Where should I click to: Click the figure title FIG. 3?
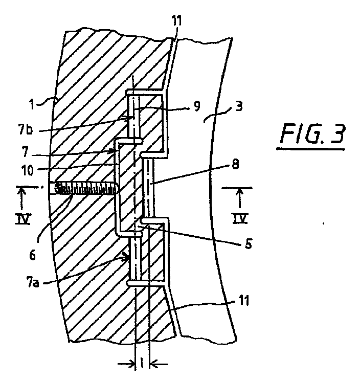[312, 134]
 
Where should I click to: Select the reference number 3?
[239, 107]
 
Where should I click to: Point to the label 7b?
[26, 130]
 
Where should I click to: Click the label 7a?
[32, 283]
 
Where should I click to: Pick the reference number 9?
[197, 106]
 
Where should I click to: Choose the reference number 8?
[235, 165]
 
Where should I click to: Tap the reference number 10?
[28, 170]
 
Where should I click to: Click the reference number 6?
[32, 256]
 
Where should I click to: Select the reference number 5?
[248, 243]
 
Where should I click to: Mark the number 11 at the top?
[176, 21]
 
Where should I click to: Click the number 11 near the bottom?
[244, 301]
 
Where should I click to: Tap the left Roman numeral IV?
[22, 219]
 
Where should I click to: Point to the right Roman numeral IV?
[240, 218]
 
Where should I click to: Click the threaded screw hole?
[83, 188]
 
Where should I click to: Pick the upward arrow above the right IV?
[240, 198]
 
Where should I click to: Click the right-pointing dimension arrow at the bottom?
[126, 365]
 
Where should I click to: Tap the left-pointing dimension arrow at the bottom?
[159, 365]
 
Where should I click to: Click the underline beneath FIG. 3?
[311, 148]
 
